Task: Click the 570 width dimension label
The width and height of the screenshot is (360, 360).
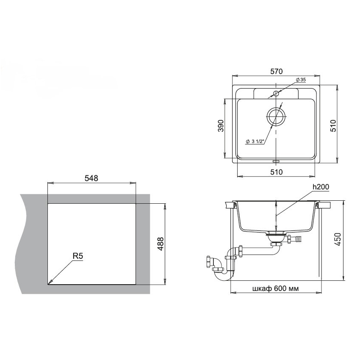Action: (x=277, y=72)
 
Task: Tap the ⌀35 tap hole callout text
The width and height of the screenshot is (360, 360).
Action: (x=301, y=80)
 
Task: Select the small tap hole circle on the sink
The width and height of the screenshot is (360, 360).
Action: (x=276, y=94)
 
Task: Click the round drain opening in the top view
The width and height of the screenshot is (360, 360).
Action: (x=276, y=116)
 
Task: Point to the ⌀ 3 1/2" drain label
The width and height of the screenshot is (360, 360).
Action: (x=255, y=141)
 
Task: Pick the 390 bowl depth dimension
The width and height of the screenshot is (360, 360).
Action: (x=221, y=126)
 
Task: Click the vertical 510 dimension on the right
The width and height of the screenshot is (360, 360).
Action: (x=333, y=126)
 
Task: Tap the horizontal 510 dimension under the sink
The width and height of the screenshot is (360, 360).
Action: (x=277, y=172)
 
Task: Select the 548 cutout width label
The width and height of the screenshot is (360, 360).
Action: (x=91, y=178)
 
